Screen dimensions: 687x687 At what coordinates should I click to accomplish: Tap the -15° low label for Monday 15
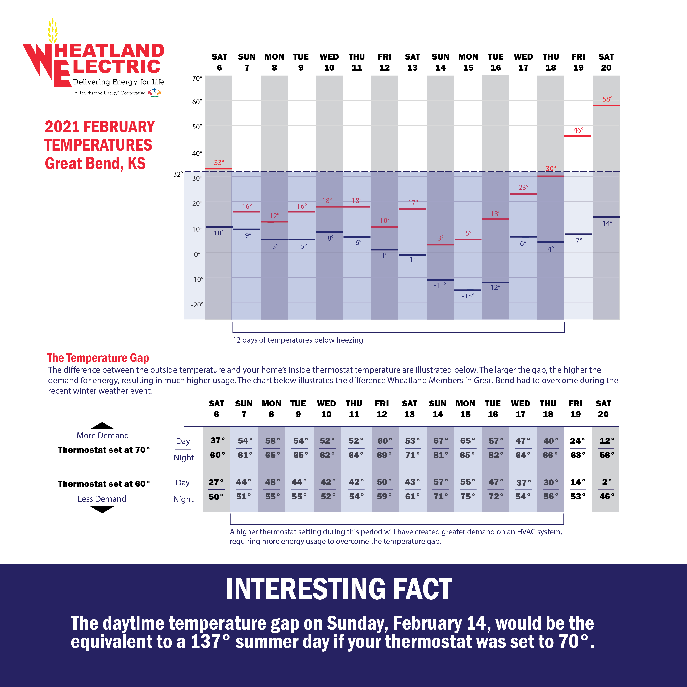pyautogui.click(x=468, y=296)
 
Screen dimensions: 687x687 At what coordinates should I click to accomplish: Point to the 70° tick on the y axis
pyautogui.click(x=197, y=78)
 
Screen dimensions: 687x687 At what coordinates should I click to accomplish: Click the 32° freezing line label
pyautogui.click(x=178, y=174)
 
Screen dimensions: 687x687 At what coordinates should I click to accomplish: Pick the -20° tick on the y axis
pyautogui.click(x=197, y=305)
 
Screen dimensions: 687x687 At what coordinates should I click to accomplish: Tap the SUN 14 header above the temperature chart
pyautogui.click(x=440, y=62)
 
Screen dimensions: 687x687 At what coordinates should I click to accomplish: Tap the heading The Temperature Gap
pyautogui.click(x=98, y=358)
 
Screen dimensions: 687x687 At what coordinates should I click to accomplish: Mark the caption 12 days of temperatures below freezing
pyautogui.click(x=298, y=340)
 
